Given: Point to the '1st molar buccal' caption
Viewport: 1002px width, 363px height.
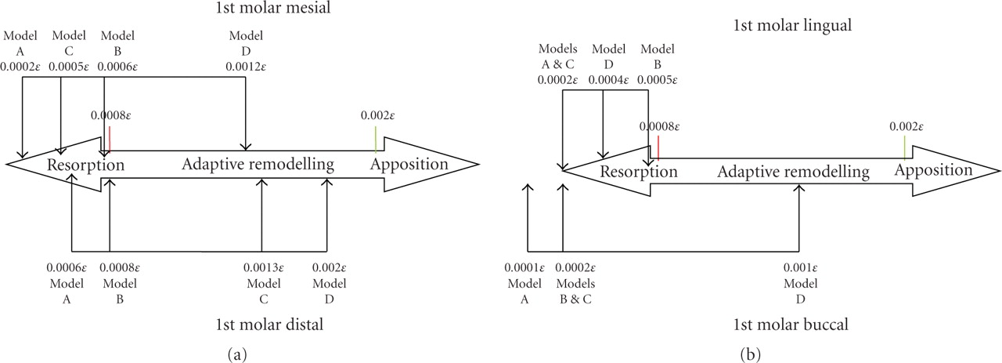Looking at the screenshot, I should (791, 324).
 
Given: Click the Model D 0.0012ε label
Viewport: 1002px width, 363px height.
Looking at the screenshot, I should (246, 51).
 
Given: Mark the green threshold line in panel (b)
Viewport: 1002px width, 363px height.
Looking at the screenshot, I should (905, 147).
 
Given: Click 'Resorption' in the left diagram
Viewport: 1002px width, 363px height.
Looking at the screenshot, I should (86, 165).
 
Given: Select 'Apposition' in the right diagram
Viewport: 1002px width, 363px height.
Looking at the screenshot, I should (934, 170).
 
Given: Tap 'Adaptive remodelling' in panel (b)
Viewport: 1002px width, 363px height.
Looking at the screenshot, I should (793, 172).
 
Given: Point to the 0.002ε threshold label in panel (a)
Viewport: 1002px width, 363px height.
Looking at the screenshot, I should (376, 115).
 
